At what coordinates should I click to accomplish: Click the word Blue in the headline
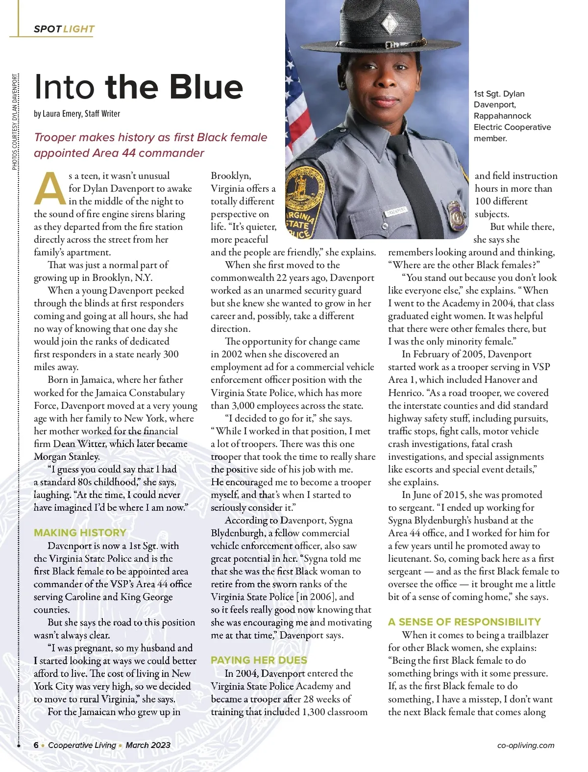click(201, 87)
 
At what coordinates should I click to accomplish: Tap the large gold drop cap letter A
click(49, 189)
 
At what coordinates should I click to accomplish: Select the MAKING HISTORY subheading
click(80, 532)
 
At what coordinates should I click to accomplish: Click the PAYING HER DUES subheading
click(259, 660)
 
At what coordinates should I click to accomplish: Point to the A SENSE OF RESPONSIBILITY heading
click(464, 622)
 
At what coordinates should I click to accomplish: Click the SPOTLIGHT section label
click(64, 29)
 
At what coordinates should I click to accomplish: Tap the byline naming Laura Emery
click(77, 114)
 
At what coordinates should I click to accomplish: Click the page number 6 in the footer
click(36, 745)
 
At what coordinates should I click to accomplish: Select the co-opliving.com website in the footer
click(525, 746)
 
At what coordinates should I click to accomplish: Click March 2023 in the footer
click(148, 745)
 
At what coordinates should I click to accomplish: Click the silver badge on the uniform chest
click(456, 213)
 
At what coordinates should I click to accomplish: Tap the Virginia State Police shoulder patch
click(300, 206)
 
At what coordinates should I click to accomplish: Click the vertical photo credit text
click(15, 122)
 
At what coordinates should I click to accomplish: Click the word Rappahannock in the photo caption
click(502, 116)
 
